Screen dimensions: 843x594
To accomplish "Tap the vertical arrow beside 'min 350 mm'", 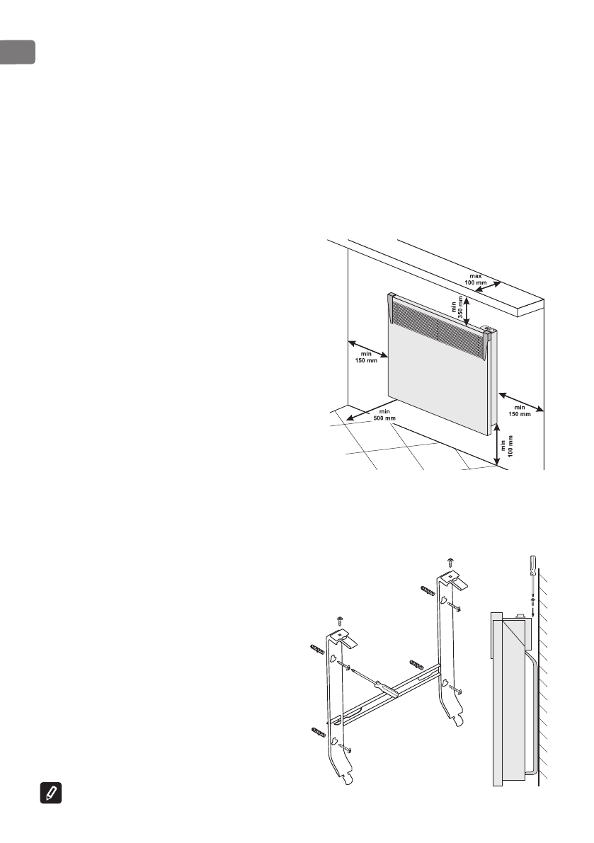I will tap(466, 309).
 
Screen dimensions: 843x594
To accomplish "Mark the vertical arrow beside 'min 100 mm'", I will tap(497, 445).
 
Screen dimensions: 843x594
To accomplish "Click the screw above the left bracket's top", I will tap(341, 620).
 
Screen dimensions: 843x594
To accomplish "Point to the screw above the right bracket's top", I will tap(451, 562).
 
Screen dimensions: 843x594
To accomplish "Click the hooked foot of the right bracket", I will tap(461, 719).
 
